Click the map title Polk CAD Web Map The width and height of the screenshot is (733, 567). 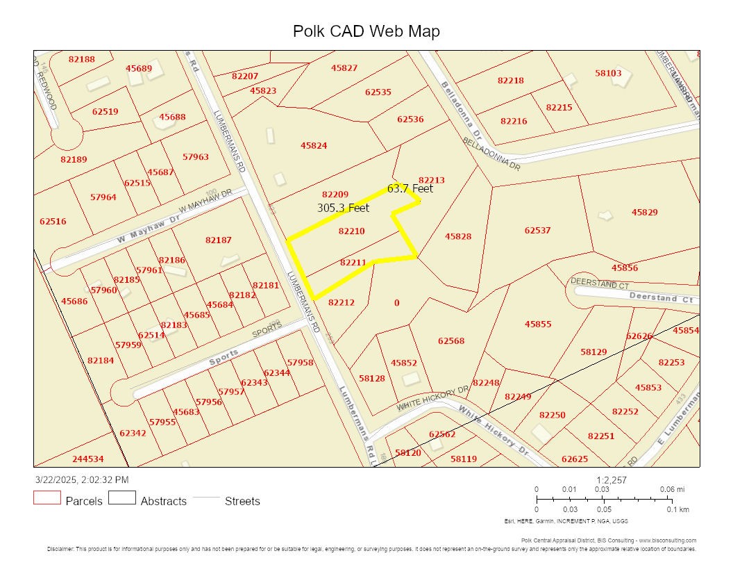(366, 31)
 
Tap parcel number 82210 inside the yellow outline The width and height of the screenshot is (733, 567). (351, 231)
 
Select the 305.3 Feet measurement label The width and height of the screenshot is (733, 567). (343, 208)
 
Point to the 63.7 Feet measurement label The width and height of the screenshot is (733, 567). (410, 188)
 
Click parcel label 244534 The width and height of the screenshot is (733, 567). (87, 459)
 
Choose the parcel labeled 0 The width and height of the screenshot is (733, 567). (396, 302)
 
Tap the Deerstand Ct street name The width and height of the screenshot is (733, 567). (662, 298)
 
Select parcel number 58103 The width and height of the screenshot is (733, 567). (608, 72)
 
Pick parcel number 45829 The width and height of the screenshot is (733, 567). (644, 212)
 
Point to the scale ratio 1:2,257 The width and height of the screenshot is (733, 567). (612, 480)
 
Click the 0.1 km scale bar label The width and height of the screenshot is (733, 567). (678, 510)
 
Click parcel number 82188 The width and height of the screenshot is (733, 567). (82, 59)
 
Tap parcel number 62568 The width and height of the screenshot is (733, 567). (451, 340)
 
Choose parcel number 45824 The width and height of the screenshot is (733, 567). (314, 145)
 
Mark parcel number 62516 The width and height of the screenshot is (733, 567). (53, 221)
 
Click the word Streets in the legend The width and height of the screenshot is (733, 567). (242, 501)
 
